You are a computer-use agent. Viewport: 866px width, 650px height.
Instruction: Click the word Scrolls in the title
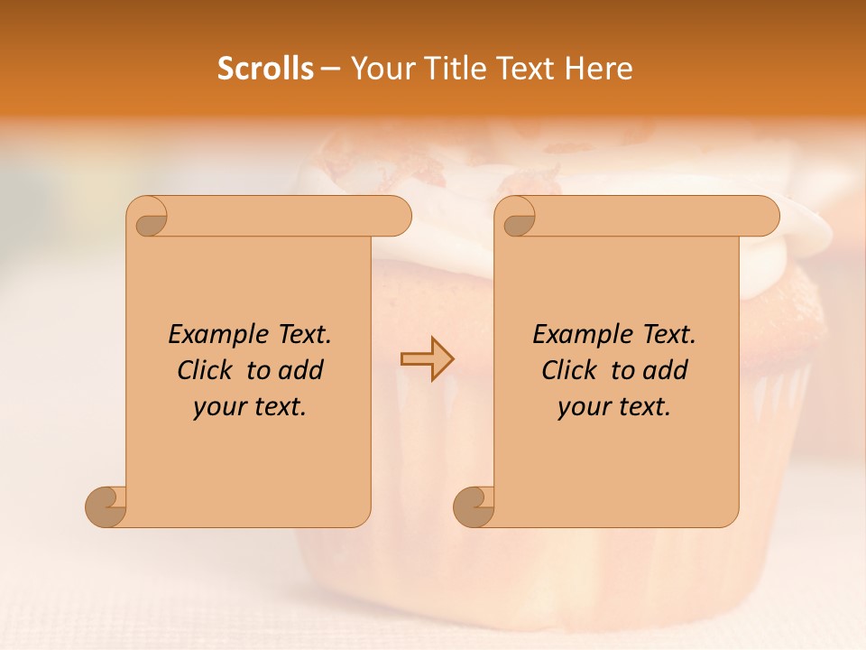265,68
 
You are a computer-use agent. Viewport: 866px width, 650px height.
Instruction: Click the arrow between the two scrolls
427,358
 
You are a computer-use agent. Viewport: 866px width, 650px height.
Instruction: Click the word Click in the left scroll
205,370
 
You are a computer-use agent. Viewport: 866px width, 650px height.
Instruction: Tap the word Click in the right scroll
569,370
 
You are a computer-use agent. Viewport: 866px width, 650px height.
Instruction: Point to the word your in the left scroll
216,407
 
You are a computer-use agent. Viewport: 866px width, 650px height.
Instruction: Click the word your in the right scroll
581,407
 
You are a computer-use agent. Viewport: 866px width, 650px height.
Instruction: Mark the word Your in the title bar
378,68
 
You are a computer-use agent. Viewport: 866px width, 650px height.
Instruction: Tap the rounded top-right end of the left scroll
397,216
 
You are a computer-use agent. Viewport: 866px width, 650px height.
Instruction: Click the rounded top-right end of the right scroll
765,216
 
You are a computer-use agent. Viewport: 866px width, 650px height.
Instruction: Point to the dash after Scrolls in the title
330,70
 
